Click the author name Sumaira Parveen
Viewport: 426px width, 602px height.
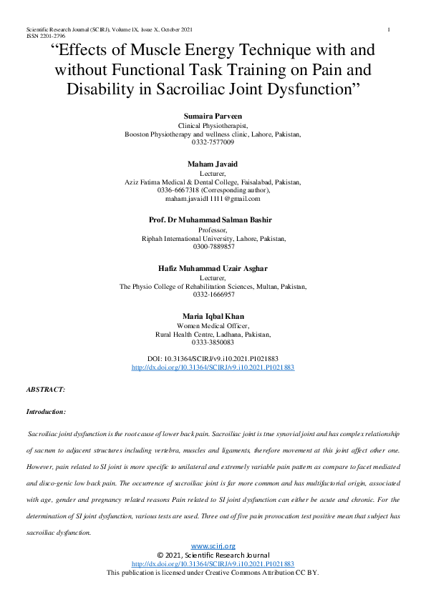click(x=213, y=114)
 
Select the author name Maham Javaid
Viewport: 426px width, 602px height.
click(x=213, y=164)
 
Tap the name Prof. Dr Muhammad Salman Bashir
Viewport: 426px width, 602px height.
click(x=213, y=220)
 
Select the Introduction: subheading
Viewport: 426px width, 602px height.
click(x=46, y=412)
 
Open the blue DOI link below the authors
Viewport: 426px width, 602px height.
click(x=213, y=367)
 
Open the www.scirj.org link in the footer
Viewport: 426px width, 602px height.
click(x=213, y=546)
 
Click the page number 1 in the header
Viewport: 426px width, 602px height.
click(x=387, y=29)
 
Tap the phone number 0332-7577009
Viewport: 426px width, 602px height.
click(x=213, y=143)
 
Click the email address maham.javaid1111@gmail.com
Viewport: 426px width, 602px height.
click(x=213, y=199)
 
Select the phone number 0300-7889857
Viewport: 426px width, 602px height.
click(x=213, y=247)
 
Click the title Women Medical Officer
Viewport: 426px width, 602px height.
click(x=213, y=325)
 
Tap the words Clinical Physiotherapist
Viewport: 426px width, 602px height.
click(x=213, y=124)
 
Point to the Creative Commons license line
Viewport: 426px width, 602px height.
click(x=213, y=573)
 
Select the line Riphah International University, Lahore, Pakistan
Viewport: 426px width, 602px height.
click(x=213, y=238)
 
